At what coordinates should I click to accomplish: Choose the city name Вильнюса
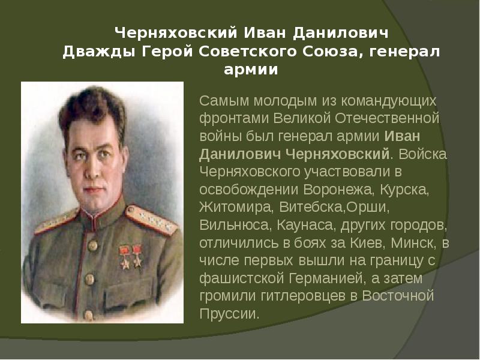[x=235, y=226]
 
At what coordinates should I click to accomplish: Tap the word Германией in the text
[x=317, y=278]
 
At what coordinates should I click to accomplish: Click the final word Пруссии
[x=230, y=314]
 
